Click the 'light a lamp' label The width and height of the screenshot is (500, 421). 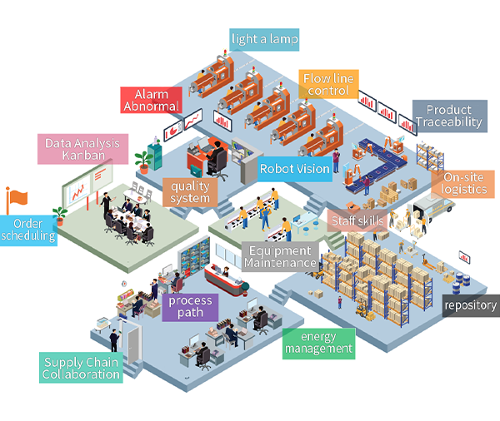265,39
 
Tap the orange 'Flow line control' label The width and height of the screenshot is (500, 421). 328,84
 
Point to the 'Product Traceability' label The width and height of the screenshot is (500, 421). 449,116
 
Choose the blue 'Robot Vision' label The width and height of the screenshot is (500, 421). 294,169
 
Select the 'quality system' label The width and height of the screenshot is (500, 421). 190,193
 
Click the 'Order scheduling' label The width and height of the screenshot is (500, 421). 28,229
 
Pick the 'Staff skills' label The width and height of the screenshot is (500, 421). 357,220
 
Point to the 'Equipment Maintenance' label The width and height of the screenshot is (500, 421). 280,256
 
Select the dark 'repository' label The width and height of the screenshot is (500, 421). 471,305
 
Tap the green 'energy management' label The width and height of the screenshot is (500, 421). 318,342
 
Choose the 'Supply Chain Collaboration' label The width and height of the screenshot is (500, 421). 82,368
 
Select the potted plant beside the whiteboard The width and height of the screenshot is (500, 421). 59,215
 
